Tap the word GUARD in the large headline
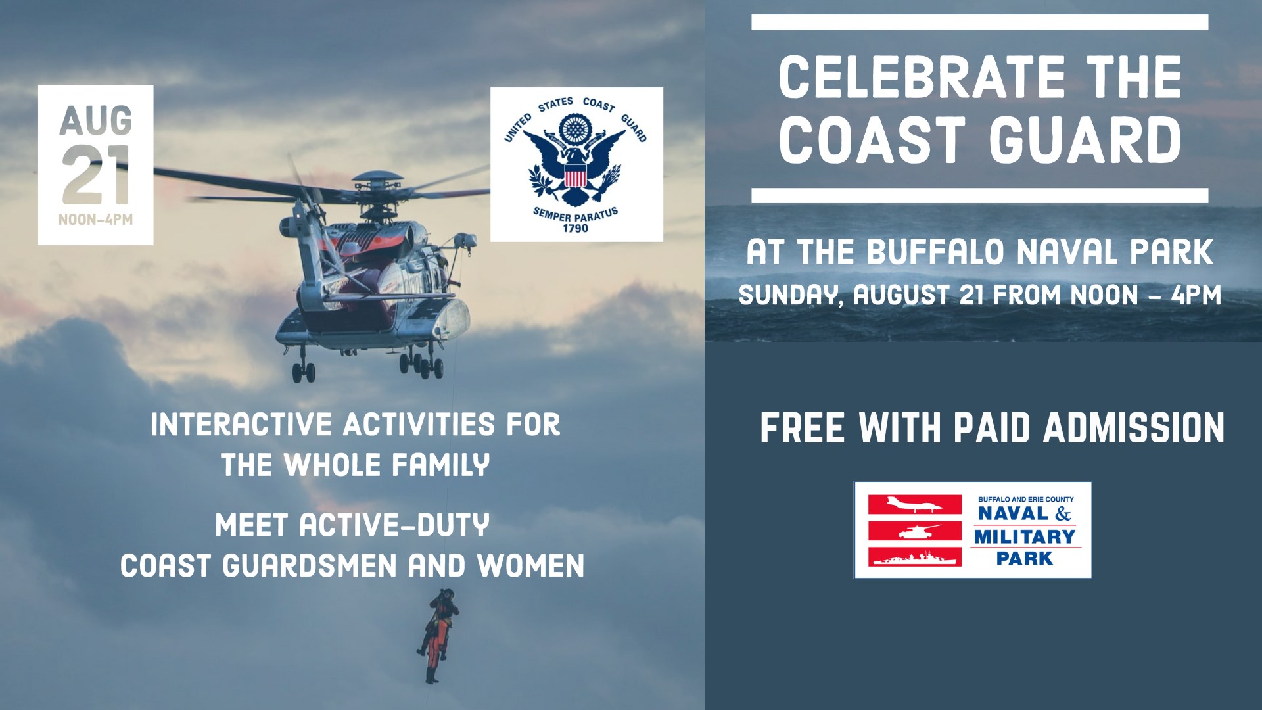(x=1085, y=140)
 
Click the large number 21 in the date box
(x=96, y=175)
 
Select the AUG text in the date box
(x=96, y=120)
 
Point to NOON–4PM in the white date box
(x=96, y=220)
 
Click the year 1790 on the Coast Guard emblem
(x=576, y=229)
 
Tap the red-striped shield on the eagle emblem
(x=576, y=176)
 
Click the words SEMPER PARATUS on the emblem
(x=576, y=214)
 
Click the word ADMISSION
(x=1134, y=429)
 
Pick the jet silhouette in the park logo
(x=915, y=505)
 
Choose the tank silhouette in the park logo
(x=915, y=531)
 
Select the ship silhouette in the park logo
(x=915, y=557)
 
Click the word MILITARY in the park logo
(x=1025, y=537)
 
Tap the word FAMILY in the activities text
(x=440, y=465)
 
